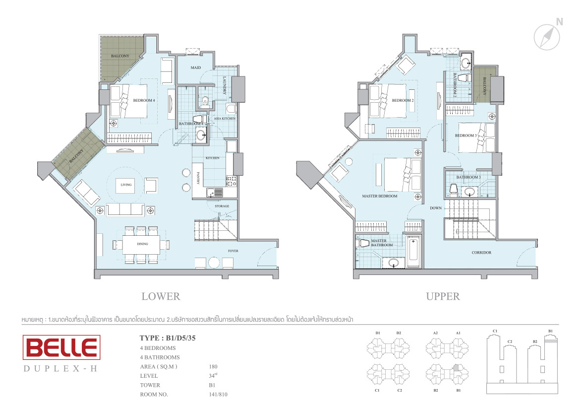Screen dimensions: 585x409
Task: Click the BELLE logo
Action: [x=61, y=347]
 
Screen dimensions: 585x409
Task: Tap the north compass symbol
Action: [x=546, y=37]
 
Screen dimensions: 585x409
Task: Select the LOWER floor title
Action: [x=161, y=296]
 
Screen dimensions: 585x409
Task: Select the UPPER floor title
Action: [x=443, y=296]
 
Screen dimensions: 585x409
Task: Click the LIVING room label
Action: [x=126, y=185]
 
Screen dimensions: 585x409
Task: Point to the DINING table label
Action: [x=142, y=244]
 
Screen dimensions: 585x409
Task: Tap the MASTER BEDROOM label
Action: [x=379, y=196]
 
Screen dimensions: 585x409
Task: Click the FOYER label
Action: [x=233, y=251]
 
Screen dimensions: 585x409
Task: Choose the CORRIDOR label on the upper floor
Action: [x=481, y=253]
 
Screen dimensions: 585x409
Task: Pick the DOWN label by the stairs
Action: [x=435, y=208]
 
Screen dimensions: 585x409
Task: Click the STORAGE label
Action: [x=222, y=206]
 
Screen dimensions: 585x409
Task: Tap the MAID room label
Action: [x=195, y=68]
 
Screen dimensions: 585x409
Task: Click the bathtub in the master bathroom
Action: [x=413, y=251]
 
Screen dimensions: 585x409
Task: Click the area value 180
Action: [x=213, y=367]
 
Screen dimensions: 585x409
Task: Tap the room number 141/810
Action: [x=218, y=395]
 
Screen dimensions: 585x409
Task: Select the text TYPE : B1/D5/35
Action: [x=168, y=338]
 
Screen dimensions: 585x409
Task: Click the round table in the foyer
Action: [x=214, y=263]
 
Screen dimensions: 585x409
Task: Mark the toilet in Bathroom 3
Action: [x=454, y=189]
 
